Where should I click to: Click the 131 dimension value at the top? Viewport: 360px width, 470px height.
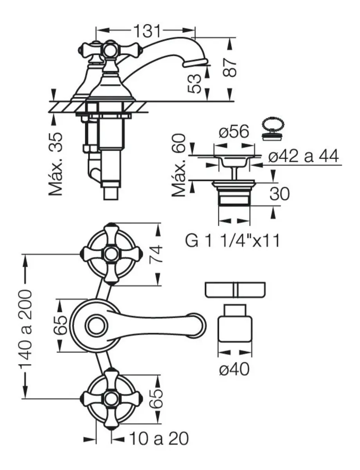[148, 31]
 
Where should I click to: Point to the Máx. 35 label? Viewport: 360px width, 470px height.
[56, 164]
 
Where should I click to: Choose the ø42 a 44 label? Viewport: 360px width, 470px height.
[303, 156]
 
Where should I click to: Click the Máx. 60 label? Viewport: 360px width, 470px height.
[179, 165]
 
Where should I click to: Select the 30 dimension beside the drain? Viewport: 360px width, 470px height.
[279, 193]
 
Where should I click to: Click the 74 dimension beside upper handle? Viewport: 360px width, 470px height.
[156, 254]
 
